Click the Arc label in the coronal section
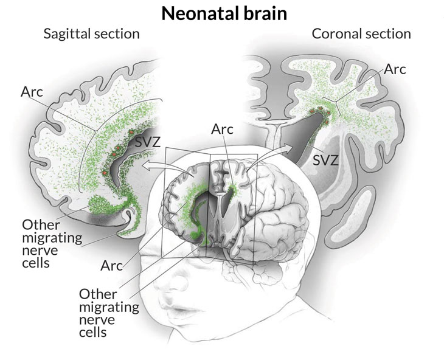396,69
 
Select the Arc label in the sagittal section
32,92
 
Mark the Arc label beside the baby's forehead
112,265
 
